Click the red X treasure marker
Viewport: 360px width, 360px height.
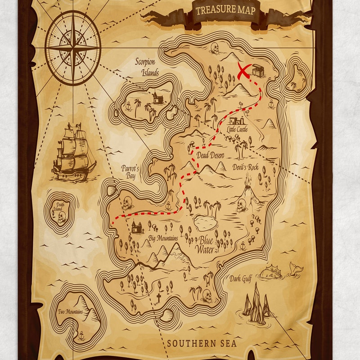[243, 71]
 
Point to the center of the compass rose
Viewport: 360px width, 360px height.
[73, 47]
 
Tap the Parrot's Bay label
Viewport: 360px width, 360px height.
[130, 171]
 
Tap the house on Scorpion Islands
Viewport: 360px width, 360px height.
[157, 97]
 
